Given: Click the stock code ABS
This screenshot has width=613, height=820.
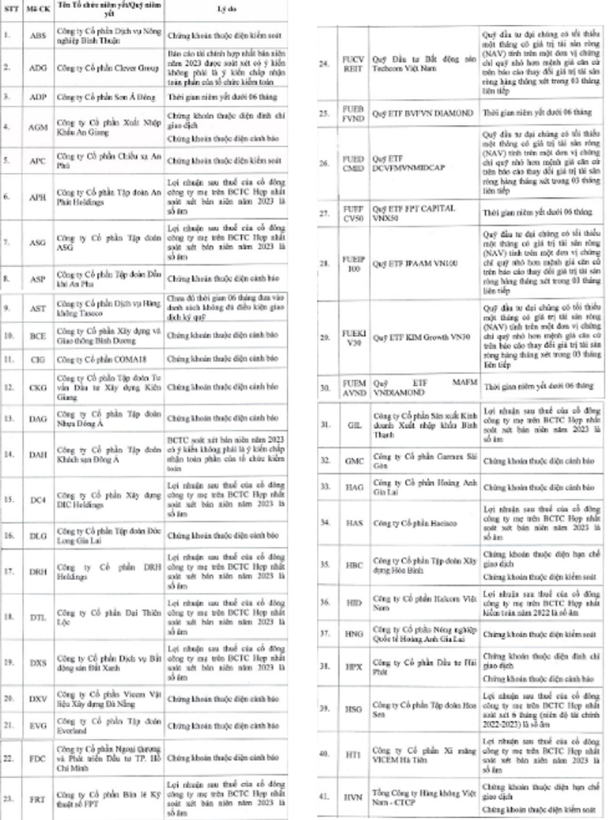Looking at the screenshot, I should click(x=37, y=36).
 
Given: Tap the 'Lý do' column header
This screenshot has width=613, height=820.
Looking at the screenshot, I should click(x=226, y=9).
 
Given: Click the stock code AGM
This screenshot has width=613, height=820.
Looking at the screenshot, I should click(x=37, y=127).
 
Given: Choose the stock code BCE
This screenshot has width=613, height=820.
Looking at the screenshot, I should click(x=37, y=336).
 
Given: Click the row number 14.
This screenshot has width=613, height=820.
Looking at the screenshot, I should click(x=9, y=454).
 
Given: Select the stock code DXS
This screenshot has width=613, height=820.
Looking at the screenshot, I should click(x=37, y=663).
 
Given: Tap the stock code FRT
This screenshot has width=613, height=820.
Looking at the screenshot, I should click(x=37, y=799).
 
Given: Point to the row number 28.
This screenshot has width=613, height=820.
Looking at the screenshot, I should click(x=325, y=264).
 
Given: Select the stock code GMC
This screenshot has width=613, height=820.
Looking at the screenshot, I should click(x=354, y=461).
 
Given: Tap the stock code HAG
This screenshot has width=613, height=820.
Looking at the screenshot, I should click(x=354, y=487).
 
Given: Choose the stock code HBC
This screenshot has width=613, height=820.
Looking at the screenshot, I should click(x=354, y=565).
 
